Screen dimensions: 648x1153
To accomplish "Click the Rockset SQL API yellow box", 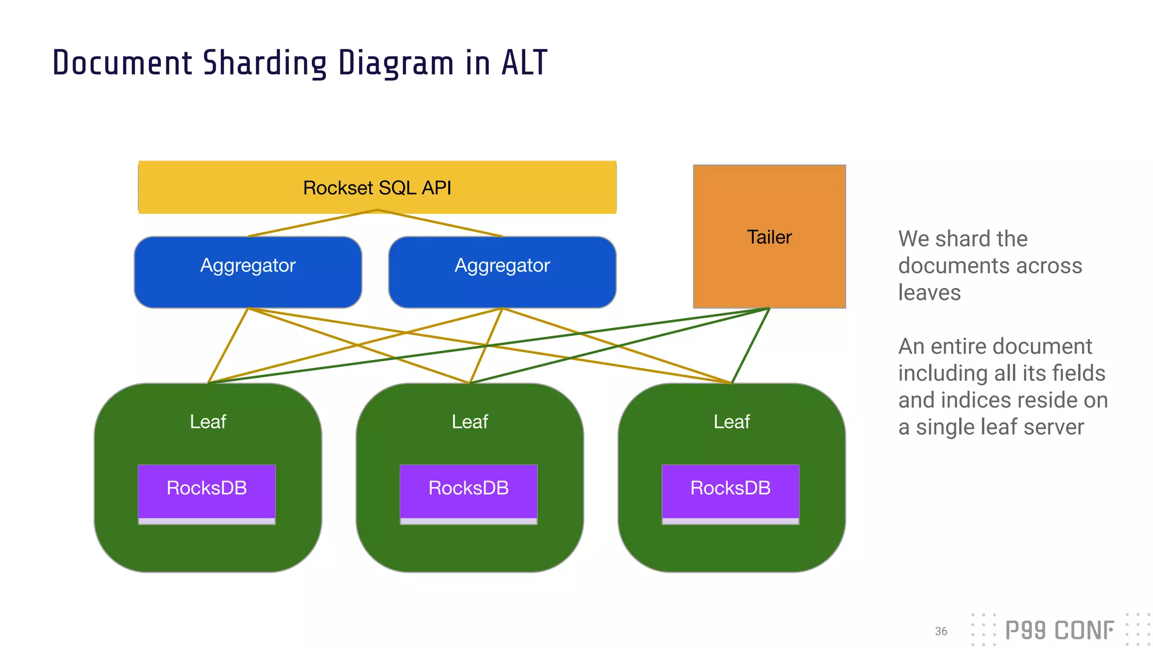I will [x=377, y=187].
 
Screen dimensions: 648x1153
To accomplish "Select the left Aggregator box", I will [x=248, y=272].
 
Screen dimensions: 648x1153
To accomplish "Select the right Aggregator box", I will [x=502, y=272].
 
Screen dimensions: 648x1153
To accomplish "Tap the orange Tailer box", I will [x=769, y=237].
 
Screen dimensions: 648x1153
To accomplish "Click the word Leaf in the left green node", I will [x=208, y=422].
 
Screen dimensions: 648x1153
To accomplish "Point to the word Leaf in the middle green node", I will [x=470, y=422].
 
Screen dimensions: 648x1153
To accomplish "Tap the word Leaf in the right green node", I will [x=731, y=422].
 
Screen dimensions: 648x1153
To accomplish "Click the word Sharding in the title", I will [x=265, y=63].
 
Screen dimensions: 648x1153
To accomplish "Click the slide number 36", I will [x=941, y=631].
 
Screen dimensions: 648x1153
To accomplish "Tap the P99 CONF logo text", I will [x=1059, y=631].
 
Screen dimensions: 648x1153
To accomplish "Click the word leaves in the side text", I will [x=929, y=292].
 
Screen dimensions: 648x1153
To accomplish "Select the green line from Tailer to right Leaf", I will [x=750, y=345].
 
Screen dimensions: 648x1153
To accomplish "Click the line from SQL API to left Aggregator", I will [x=312, y=223].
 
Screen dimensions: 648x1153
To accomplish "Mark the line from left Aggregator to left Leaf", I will [x=228, y=345].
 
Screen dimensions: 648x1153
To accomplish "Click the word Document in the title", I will [x=122, y=63].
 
